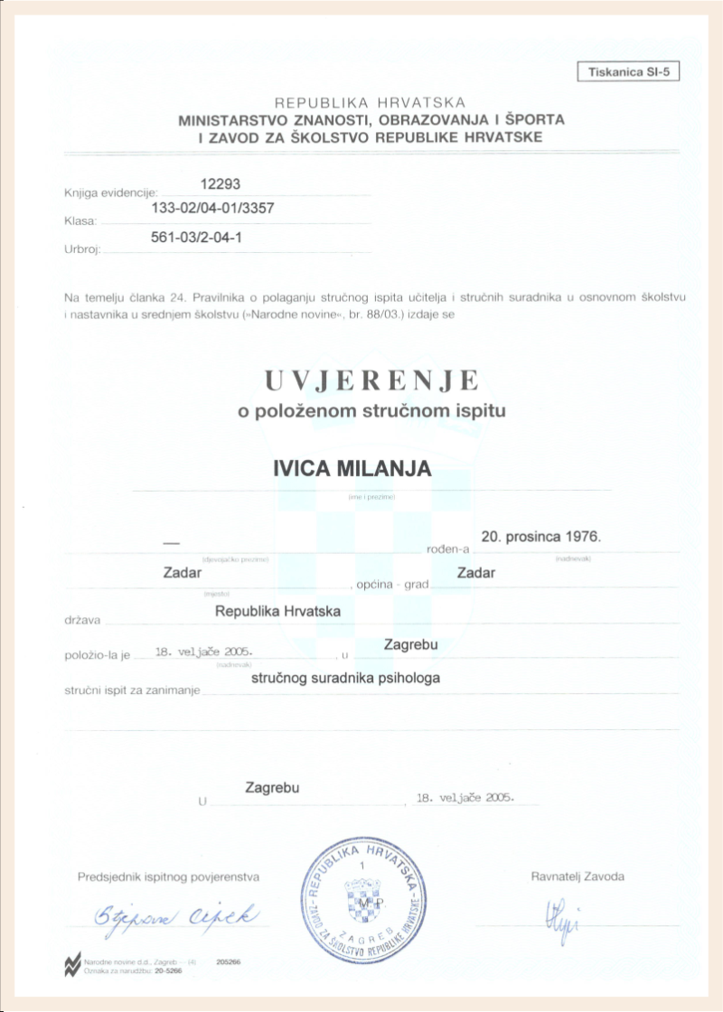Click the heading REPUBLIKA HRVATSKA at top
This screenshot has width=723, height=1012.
click(x=371, y=103)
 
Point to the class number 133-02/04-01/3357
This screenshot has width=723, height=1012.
click(x=211, y=209)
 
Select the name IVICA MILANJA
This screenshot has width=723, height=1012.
click(x=352, y=469)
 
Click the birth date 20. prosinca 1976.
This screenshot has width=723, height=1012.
click(x=540, y=536)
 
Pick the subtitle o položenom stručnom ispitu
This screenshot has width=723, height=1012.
click(x=371, y=411)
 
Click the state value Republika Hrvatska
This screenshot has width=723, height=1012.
click(x=277, y=611)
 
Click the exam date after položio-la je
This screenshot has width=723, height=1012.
click(x=204, y=651)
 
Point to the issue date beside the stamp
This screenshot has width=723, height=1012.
click(x=465, y=798)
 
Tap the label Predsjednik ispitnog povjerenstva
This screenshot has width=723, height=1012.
click(x=169, y=876)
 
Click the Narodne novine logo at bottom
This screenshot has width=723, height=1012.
click(x=70, y=965)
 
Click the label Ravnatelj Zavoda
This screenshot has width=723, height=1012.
click(x=577, y=876)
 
